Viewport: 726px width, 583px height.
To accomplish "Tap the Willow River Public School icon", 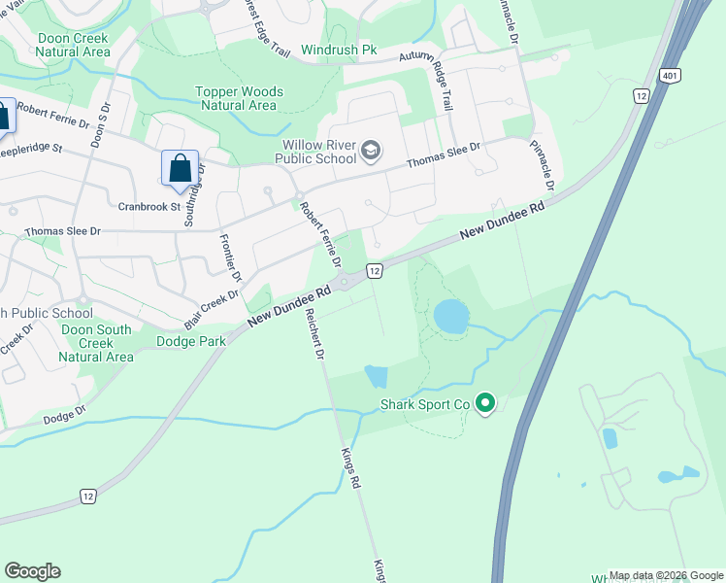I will point(371,151).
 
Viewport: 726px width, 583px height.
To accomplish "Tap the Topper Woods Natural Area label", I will point(239,98).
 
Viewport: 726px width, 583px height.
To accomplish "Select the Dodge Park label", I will point(191,341).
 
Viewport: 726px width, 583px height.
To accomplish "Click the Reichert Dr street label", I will point(313,336).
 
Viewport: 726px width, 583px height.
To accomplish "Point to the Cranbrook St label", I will point(149,206).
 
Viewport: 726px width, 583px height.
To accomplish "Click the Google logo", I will point(32,571).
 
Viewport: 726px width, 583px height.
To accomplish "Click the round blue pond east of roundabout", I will point(450,315).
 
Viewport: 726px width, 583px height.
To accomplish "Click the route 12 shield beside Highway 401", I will point(641,95).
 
